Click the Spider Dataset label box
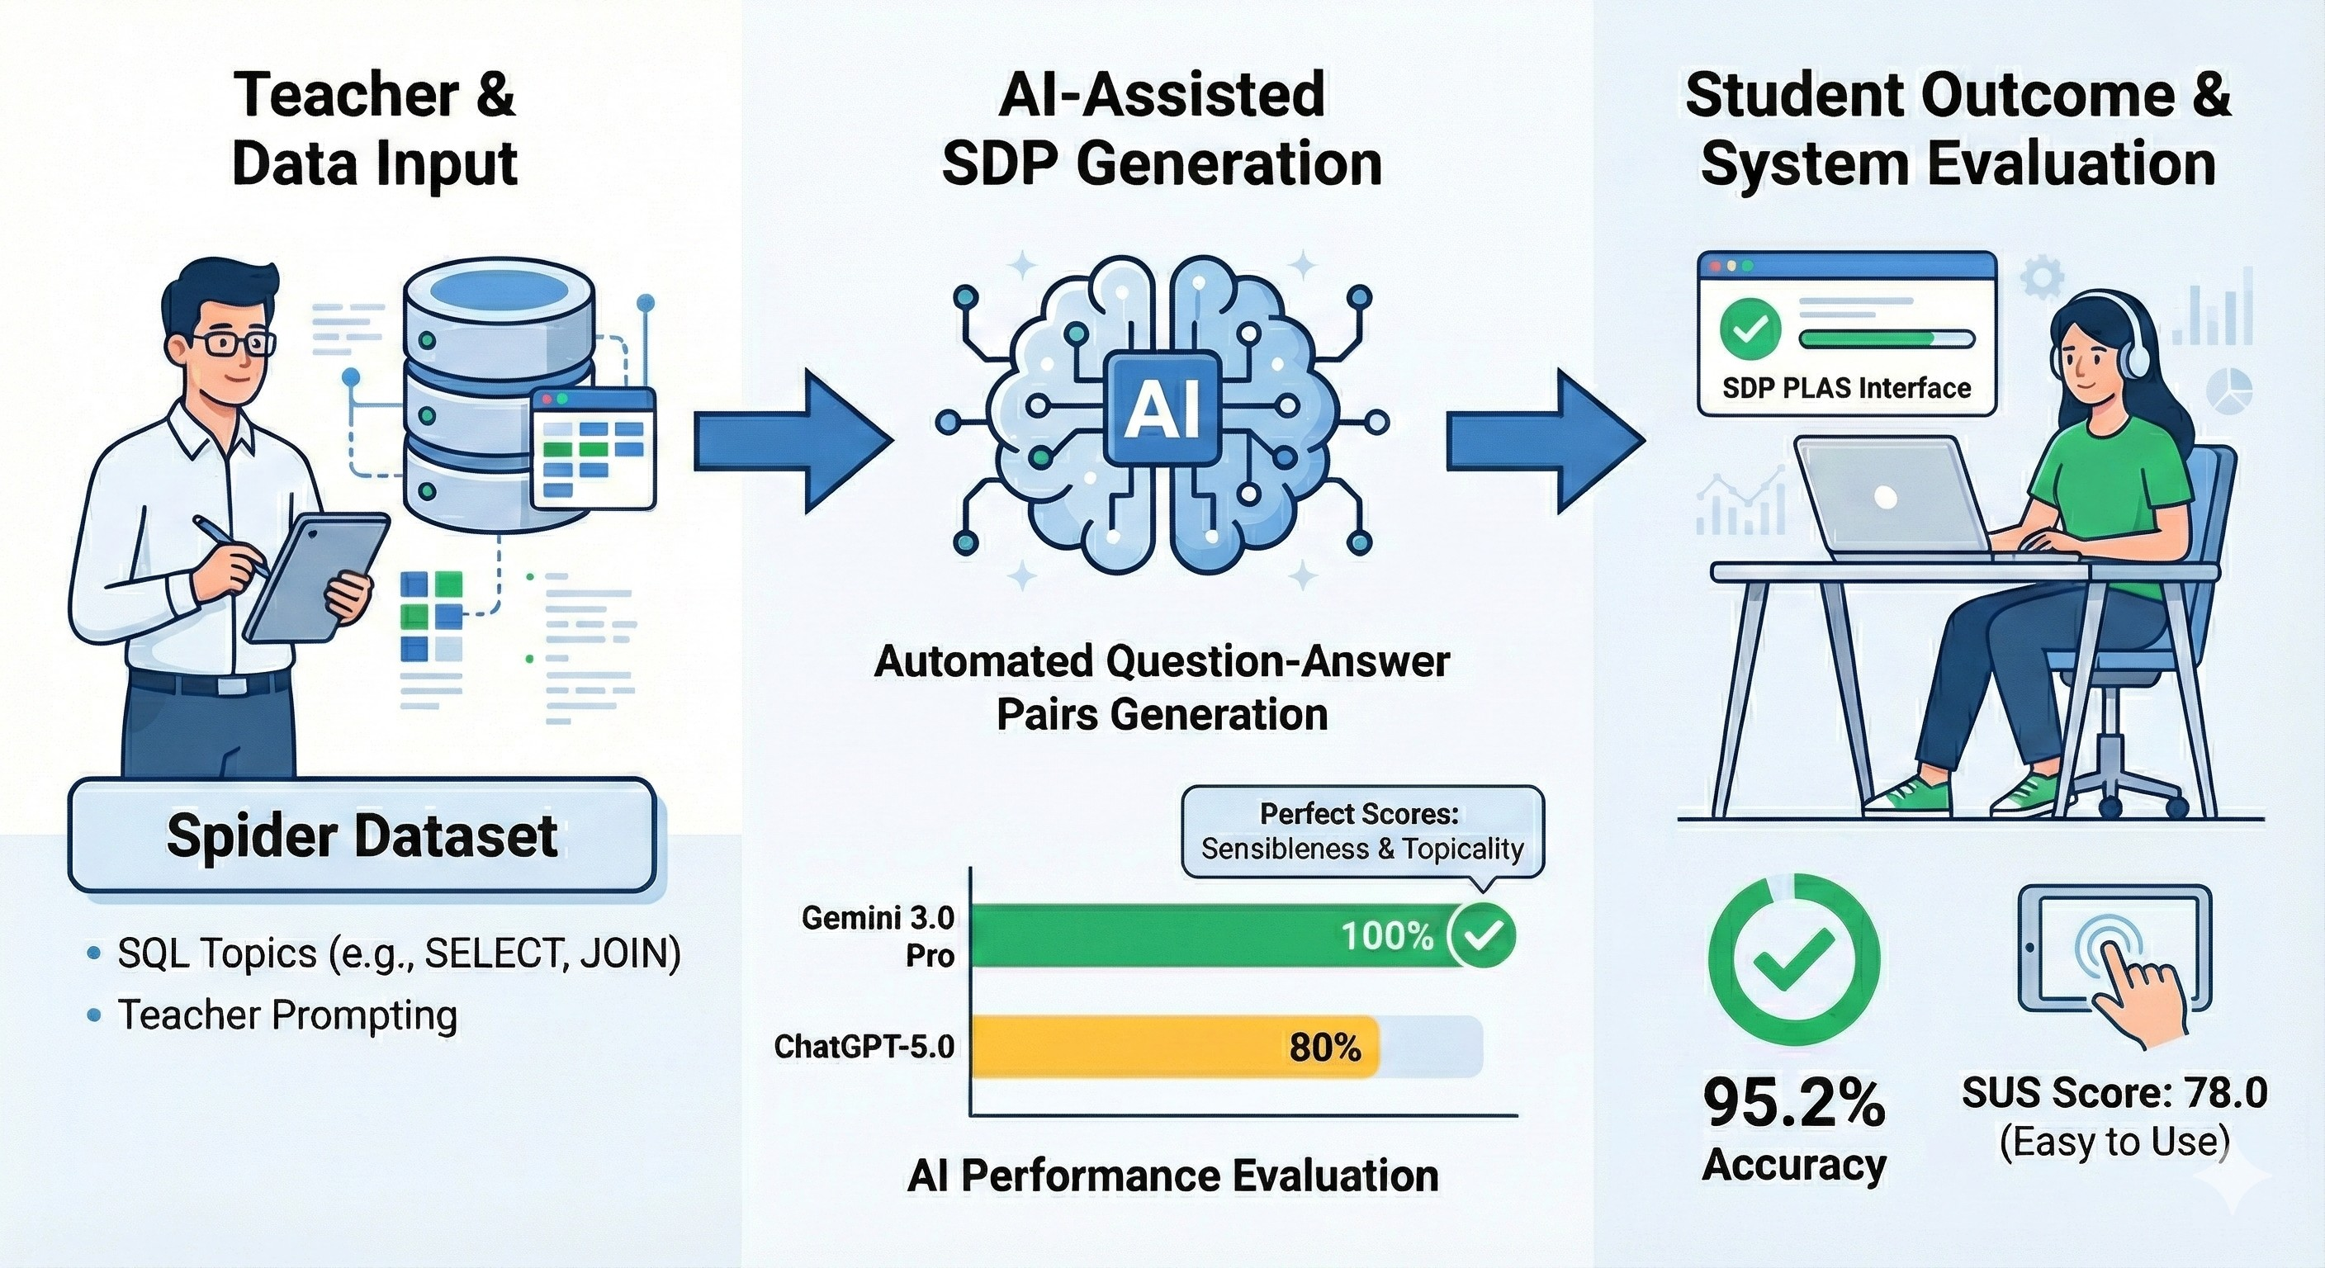click(362, 835)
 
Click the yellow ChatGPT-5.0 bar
click(1173, 1047)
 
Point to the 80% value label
click(1324, 1047)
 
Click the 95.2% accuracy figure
click(1793, 1103)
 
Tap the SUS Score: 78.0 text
click(2114, 1094)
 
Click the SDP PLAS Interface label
click(1847, 388)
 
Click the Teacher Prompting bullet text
click(287, 1015)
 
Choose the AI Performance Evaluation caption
click(1172, 1176)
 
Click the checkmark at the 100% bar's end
click(1483, 936)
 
